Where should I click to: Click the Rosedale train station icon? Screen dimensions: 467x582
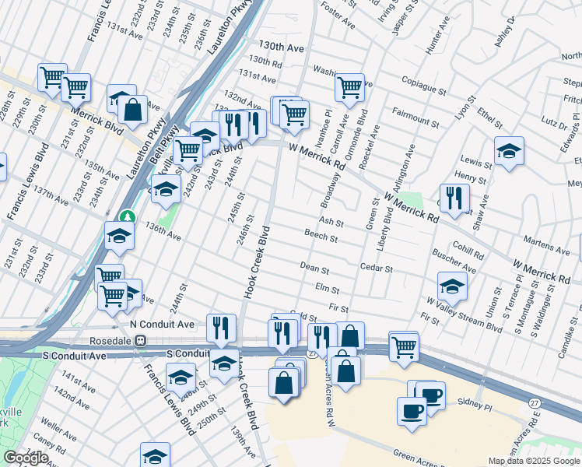(141, 339)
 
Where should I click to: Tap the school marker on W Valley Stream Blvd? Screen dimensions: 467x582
(452, 286)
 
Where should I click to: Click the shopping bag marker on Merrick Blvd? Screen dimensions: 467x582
(133, 110)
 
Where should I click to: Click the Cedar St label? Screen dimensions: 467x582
(377, 268)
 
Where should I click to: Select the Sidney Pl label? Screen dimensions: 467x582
(476, 406)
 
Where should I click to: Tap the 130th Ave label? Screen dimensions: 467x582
(282, 47)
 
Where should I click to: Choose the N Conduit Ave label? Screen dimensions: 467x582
(162, 324)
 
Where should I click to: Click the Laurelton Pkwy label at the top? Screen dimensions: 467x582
(225, 31)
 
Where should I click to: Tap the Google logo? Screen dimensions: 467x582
(26, 458)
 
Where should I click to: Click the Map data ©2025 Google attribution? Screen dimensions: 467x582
(533, 461)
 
